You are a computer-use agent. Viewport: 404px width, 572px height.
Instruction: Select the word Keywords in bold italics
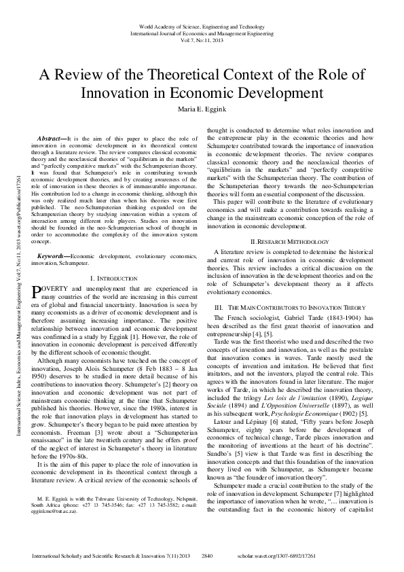(x=52, y=255)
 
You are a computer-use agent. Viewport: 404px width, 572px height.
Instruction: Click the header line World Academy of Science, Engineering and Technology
(x=202, y=24)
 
